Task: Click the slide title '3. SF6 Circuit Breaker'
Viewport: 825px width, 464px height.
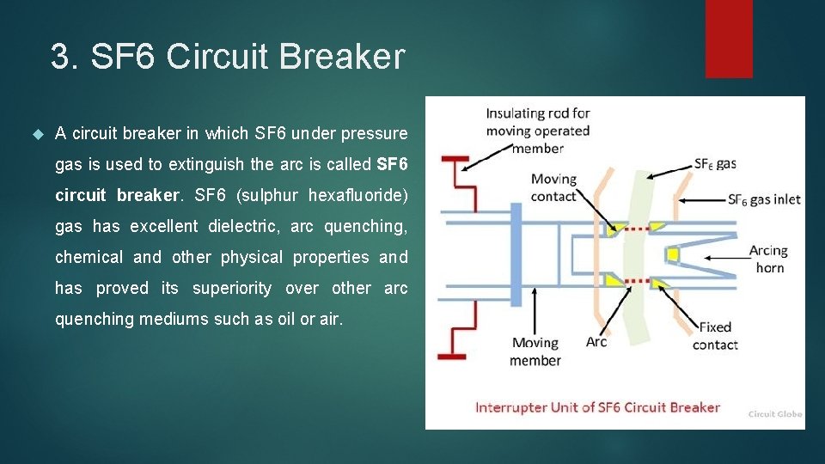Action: pyautogui.click(x=227, y=57)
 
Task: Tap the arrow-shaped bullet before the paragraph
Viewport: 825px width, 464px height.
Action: pyautogui.click(x=36, y=134)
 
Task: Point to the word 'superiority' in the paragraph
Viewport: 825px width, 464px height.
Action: pyautogui.click(x=231, y=288)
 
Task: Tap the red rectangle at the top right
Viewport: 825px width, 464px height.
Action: pyautogui.click(x=729, y=39)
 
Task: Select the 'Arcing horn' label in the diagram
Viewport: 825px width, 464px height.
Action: pyautogui.click(x=768, y=259)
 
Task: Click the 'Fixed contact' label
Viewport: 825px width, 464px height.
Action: pyautogui.click(x=715, y=336)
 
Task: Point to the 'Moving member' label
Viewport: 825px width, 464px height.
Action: pyautogui.click(x=535, y=351)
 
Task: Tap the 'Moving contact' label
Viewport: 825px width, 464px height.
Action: pyautogui.click(x=553, y=187)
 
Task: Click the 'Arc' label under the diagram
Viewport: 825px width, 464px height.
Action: pyautogui.click(x=596, y=342)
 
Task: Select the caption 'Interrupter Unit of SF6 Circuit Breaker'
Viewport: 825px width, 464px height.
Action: pyautogui.click(x=597, y=407)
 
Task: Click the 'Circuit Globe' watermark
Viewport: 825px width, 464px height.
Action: pyautogui.click(x=774, y=414)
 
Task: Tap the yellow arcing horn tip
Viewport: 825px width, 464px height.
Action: pyautogui.click(x=673, y=255)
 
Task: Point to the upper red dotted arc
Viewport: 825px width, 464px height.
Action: pyautogui.click(x=636, y=229)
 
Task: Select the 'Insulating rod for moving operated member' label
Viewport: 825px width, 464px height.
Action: pyautogui.click(x=538, y=131)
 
